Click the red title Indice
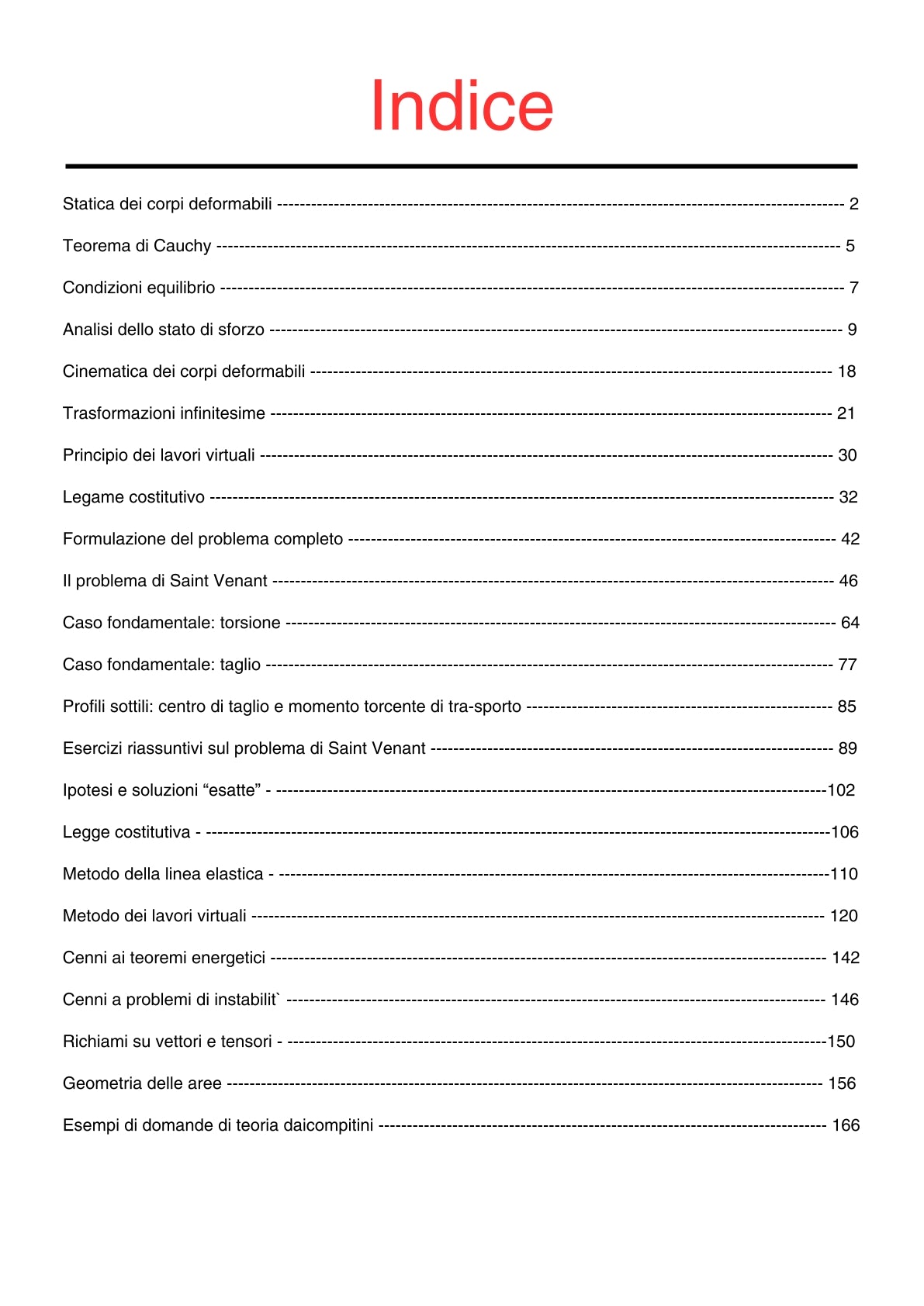(462, 106)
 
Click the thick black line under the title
(462, 166)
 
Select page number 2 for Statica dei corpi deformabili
(853, 204)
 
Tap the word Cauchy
(182, 246)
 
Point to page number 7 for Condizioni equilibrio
(853, 288)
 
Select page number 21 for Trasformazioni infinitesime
(846, 413)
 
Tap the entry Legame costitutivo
(133, 497)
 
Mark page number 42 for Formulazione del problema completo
(850, 539)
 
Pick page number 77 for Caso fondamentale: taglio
(847, 665)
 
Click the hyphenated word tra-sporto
(485, 707)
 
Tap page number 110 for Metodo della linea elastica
(844, 874)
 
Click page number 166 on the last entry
(846, 1125)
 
